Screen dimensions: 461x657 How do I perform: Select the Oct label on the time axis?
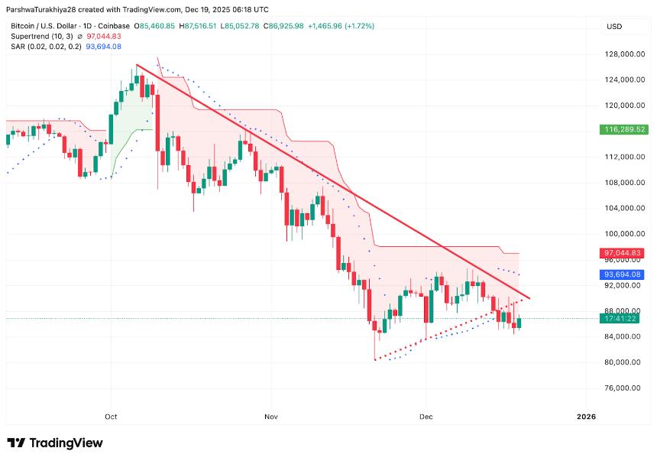[112, 417]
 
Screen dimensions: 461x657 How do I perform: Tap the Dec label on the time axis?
[426, 417]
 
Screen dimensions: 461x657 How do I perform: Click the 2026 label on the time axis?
[585, 417]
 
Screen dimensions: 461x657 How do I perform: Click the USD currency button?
[614, 27]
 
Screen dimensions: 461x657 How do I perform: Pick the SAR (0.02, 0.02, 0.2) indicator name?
[43, 47]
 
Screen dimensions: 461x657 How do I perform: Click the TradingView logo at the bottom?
[55, 443]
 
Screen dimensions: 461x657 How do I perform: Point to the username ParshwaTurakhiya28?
[47, 10]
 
